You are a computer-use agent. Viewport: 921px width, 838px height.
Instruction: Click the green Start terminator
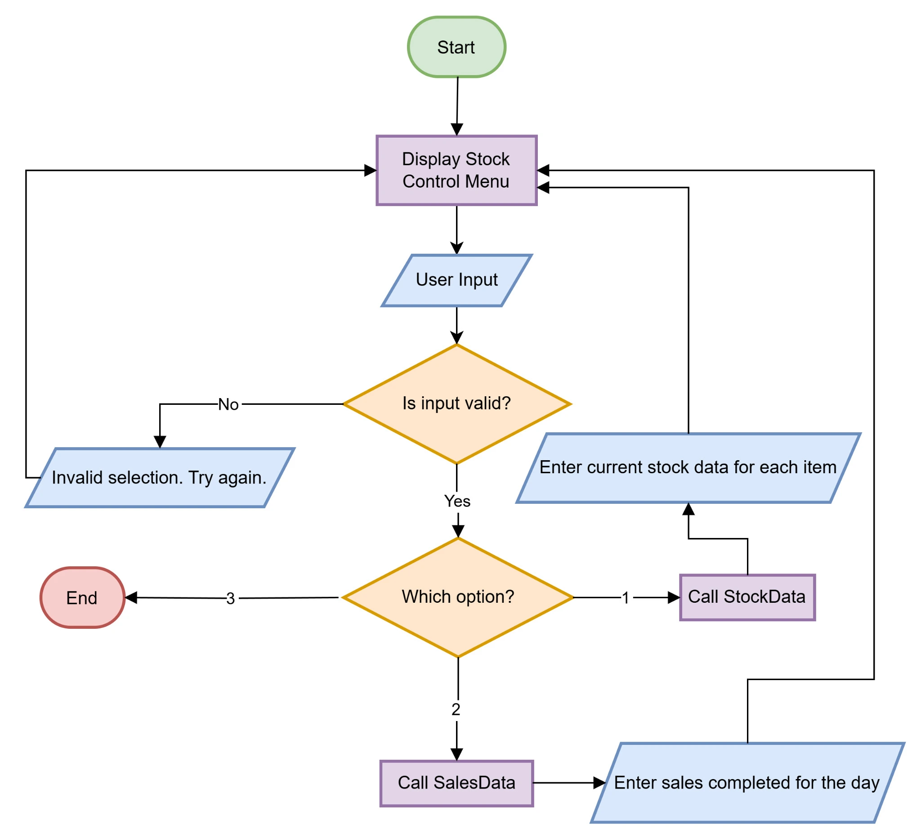pyautogui.click(x=456, y=47)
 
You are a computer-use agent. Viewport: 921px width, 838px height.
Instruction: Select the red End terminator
pyautogui.click(x=82, y=598)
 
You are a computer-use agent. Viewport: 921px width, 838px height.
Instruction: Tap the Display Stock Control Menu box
pyautogui.click(x=456, y=170)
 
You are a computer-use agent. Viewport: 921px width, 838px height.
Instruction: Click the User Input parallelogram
pyautogui.click(x=456, y=280)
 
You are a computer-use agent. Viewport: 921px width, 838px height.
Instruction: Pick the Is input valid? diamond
pyautogui.click(x=456, y=403)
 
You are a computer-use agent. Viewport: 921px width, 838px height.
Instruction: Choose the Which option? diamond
pyautogui.click(x=457, y=597)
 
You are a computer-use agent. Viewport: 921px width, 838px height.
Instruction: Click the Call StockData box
pyautogui.click(x=747, y=597)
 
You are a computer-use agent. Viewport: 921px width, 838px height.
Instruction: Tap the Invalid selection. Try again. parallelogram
pyautogui.click(x=159, y=478)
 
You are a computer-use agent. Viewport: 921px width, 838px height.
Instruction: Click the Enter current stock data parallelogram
pyautogui.click(x=688, y=467)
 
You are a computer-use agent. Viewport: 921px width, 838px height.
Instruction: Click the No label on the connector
pyautogui.click(x=228, y=404)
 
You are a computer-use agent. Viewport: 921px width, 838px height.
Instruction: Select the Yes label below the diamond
pyautogui.click(x=457, y=501)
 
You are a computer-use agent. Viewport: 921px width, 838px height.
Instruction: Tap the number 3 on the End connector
pyautogui.click(x=230, y=599)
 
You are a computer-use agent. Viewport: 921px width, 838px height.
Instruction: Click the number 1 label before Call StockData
pyautogui.click(x=626, y=598)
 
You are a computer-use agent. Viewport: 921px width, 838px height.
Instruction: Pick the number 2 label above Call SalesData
pyautogui.click(x=456, y=709)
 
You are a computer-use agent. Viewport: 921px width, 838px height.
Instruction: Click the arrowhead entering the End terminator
pyautogui.click(x=132, y=597)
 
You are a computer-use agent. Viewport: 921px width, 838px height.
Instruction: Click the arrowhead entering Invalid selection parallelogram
pyautogui.click(x=160, y=441)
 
